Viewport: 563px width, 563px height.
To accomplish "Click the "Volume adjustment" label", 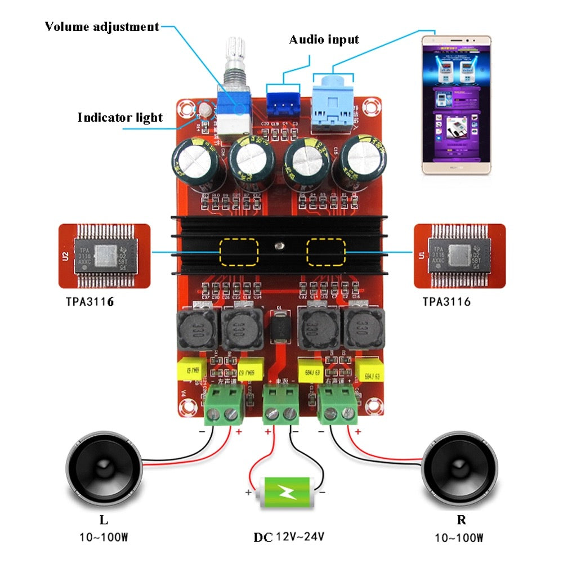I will [102, 26].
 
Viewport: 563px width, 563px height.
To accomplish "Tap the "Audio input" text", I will [324, 39].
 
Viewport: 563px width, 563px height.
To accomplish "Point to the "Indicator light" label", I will [120, 118].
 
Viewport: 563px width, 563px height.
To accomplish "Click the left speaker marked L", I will [104, 467].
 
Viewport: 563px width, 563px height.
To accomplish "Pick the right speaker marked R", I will [459, 467].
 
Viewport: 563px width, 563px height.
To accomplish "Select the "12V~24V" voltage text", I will [300, 537].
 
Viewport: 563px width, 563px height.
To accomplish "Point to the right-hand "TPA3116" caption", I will [446, 302].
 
